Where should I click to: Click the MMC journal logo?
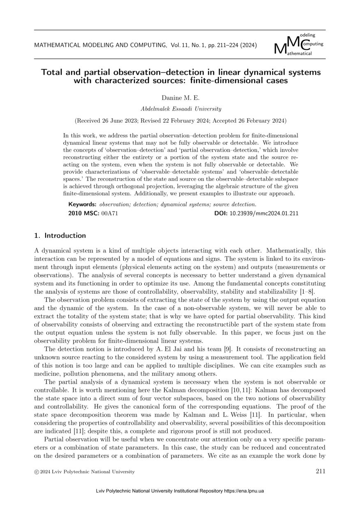298,45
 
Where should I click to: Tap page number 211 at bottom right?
321,471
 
